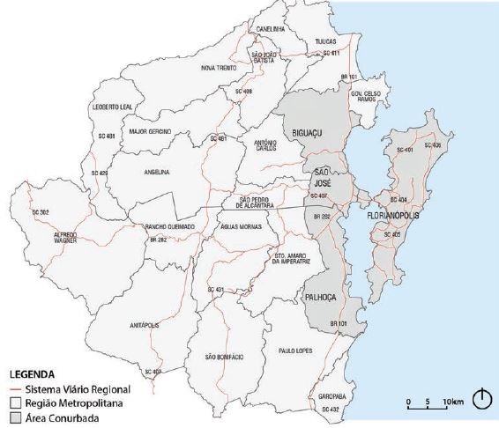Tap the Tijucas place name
coord(326,41)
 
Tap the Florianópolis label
coord(391,215)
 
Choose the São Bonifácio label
coord(222,357)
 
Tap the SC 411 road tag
coord(331,55)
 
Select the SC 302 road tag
coord(39,212)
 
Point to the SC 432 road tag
coord(330,410)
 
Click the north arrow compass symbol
coord(480,400)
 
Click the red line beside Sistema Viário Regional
coord(15,389)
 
